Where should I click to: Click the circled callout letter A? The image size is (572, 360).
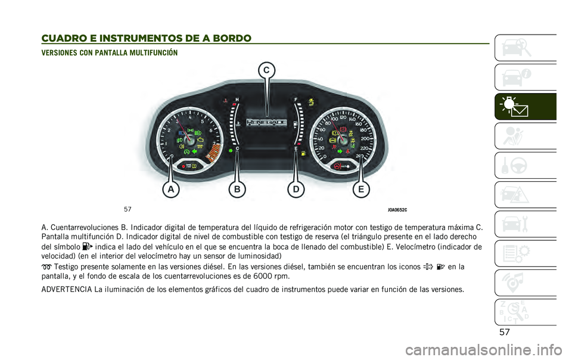coord(171,190)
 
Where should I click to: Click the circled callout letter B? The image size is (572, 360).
coord(237,190)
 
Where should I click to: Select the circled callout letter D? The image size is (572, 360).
coord(294,190)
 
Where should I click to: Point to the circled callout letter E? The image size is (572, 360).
coord(360,190)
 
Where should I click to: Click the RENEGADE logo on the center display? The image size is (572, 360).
coord(266,122)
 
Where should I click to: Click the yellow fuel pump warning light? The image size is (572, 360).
coord(303,154)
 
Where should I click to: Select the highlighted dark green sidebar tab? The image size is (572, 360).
coord(525,107)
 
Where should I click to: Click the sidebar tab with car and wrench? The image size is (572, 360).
coord(525,224)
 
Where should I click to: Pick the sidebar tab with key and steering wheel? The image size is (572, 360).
coord(525,165)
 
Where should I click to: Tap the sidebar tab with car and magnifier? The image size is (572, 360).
coord(525,48)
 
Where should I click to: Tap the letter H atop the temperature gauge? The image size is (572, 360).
coord(237,98)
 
